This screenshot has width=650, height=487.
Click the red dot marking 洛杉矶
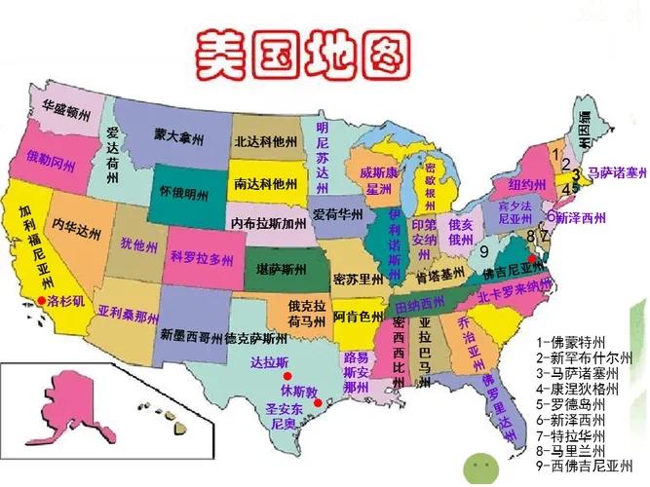point(41,300)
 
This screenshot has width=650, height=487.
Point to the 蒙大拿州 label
point(178,138)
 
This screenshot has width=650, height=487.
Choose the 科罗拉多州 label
point(202,258)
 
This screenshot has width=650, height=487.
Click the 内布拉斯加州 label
point(268,223)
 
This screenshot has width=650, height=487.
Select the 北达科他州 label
point(268,140)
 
